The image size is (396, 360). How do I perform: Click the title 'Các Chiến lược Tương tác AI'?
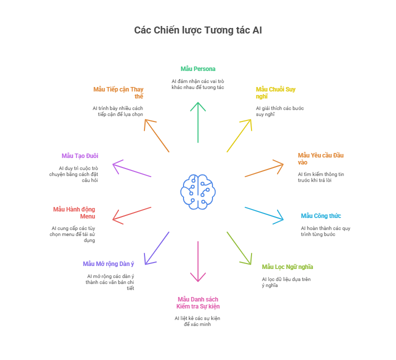pos(197,30)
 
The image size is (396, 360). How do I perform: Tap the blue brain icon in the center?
pos(198,192)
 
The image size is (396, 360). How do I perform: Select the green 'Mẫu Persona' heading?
pos(198,69)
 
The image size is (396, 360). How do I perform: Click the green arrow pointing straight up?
pos(198,122)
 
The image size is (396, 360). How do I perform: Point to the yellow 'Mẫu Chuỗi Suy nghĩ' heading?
pos(275,92)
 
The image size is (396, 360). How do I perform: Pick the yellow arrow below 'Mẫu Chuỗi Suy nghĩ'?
pos(239,135)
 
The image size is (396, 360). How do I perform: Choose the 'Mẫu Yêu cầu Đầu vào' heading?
pos(320,158)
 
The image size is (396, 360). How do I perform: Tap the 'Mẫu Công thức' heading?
pos(321,216)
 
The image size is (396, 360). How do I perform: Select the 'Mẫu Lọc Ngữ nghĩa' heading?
pos(287,267)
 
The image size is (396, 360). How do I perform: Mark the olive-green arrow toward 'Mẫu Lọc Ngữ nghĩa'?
pos(239,248)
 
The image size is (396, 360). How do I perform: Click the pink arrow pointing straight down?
pos(198,261)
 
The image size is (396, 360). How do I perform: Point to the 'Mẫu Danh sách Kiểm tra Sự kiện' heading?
pos(198,303)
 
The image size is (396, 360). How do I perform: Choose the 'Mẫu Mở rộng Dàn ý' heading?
pos(108,264)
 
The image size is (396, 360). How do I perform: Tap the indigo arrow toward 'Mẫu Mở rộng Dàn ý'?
pos(157,248)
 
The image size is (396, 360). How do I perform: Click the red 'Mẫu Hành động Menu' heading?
pos(74,213)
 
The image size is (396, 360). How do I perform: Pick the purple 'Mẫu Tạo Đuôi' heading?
pos(80,156)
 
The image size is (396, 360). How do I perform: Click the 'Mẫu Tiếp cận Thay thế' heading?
pos(118,92)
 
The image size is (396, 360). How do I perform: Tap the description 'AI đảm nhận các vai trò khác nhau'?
pos(197,84)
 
